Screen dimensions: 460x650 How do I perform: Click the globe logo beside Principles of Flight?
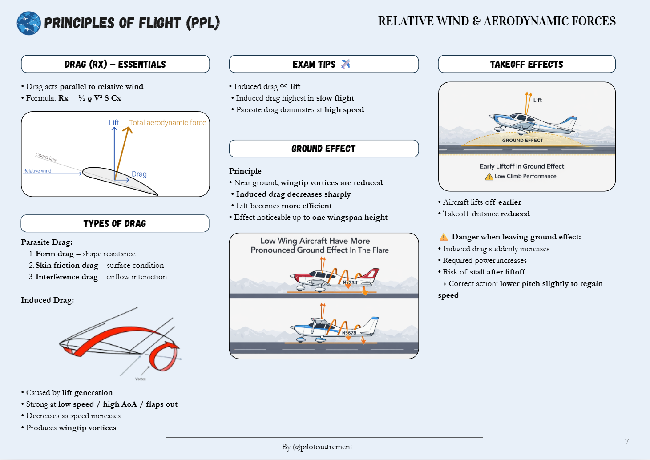[28, 23]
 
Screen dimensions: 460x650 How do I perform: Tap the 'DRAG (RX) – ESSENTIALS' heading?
[115, 64]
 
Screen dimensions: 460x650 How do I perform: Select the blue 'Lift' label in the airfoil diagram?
[114, 122]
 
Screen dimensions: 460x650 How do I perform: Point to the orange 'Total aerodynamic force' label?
[167, 122]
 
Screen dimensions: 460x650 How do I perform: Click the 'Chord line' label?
[46, 157]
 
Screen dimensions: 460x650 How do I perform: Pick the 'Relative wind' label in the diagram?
[37, 171]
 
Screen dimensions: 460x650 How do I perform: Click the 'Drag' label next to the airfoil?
[139, 174]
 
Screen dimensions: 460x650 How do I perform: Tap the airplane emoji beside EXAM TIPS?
[345, 64]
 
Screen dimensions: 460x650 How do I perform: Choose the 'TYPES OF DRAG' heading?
[115, 223]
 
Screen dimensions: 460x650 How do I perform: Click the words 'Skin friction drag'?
[67, 265]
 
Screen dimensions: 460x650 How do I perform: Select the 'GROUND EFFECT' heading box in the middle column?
[323, 149]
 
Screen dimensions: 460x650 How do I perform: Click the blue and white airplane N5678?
[334, 328]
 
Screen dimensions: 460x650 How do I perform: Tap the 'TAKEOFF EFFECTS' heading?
[526, 64]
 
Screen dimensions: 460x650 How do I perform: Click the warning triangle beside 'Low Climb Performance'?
[489, 177]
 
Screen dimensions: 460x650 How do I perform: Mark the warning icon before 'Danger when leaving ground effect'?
[444, 237]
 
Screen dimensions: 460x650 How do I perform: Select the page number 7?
[627, 441]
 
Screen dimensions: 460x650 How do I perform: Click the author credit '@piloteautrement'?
[323, 447]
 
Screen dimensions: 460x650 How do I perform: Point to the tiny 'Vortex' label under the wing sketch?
[141, 379]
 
